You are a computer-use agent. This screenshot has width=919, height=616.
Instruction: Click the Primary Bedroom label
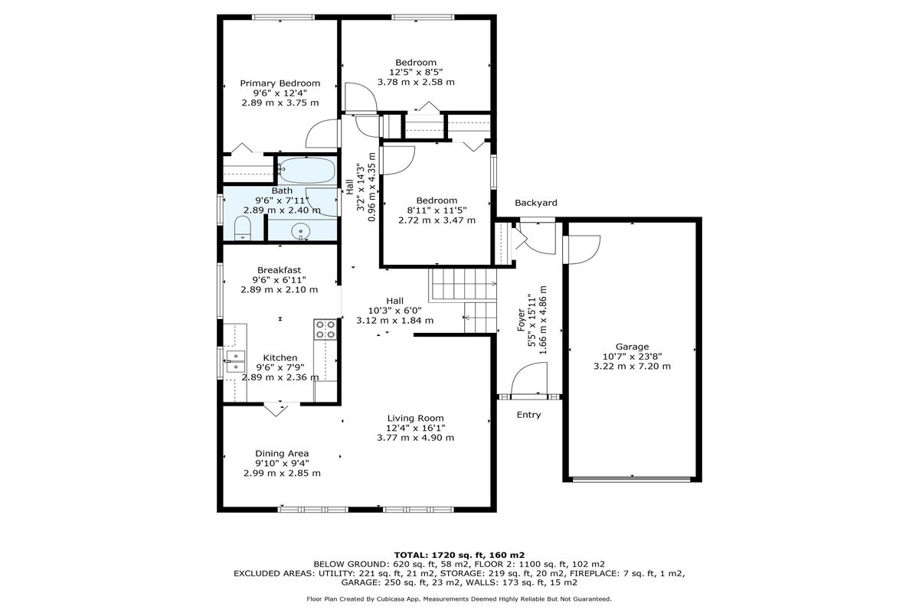click(x=280, y=83)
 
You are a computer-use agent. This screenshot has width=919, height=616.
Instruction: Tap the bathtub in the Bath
click(x=307, y=170)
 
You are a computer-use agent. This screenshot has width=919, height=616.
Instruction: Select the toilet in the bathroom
click(x=243, y=228)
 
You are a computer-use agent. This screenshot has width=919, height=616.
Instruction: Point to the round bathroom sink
click(x=301, y=232)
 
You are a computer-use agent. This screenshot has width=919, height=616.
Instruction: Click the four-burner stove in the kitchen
click(x=325, y=330)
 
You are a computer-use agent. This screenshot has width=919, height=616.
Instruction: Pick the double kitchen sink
click(x=234, y=361)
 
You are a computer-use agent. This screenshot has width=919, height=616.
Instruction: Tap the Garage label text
click(x=632, y=347)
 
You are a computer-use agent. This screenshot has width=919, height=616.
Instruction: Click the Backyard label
click(x=536, y=203)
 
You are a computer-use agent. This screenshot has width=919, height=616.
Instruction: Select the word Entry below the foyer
click(x=528, y=415)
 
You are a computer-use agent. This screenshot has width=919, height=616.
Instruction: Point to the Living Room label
click(x=416, y=418)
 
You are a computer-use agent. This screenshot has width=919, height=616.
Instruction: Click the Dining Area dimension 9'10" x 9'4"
click(x=282, y=463)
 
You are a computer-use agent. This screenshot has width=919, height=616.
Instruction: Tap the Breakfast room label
click(x=279, y=270)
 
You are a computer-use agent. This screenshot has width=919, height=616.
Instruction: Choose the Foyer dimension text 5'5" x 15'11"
click(x=531, y=320)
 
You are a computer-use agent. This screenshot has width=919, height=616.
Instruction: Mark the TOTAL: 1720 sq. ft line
click(x=459, y=556)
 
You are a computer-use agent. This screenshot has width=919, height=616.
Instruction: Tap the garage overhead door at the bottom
click(x=632, y=479)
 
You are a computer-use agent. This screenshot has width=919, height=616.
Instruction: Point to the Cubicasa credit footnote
click(x=459, y=599)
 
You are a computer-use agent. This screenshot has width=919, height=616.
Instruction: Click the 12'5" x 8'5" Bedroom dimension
click(x=416, y=72)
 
